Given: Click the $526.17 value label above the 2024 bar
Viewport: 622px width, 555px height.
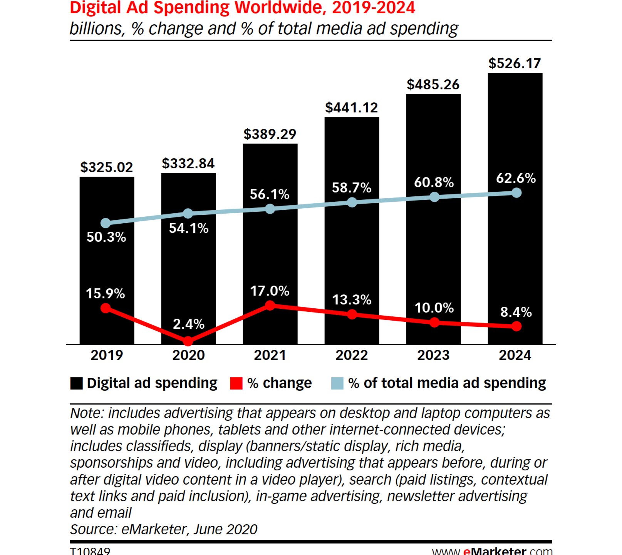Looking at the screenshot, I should [x=515, y=64].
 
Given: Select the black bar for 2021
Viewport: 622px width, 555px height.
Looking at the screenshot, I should [x=270, y=250].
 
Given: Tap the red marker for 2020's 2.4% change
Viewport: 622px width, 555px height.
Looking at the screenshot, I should [x=188, y=341].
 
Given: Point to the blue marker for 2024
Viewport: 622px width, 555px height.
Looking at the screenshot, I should [x=516, y=192].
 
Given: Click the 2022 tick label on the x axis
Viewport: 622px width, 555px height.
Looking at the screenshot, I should [x=351, y=355].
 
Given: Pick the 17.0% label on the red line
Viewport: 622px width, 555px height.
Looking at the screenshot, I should [x=270, y=291].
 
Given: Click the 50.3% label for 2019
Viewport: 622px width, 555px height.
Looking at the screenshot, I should [x=106, y=237].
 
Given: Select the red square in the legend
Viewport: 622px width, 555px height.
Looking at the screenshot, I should [x=236, y=383].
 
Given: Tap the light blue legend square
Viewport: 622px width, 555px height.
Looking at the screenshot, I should [x=337, y=383].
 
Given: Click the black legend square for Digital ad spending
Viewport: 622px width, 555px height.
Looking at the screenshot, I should [x=76, y=383].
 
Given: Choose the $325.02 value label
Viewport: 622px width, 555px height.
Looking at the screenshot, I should [x=106, y=167].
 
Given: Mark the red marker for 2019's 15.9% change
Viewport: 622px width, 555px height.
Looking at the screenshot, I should [x=106, y=308].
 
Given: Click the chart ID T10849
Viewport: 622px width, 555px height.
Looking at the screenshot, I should [x=90, y=551].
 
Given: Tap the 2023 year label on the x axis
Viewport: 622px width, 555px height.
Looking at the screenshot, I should [x=433, y=355].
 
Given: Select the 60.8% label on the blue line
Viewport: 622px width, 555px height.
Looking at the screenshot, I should [x=434, y=182].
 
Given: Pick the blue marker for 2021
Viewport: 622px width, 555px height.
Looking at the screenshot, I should [x=270, y=209].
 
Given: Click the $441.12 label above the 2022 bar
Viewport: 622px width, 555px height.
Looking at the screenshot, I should [x=351, y=108].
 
